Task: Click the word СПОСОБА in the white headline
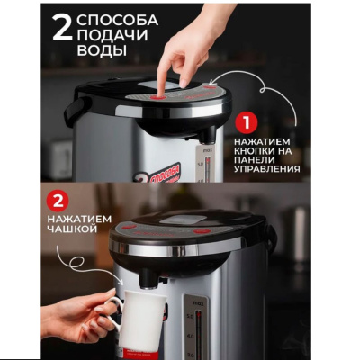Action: (x=118, y=20)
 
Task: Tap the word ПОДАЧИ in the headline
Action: (x=112, y=35)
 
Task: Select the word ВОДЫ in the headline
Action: (x=102, y=50)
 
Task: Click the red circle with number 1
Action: (x=246, y=123)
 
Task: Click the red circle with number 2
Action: (x=58, y=202)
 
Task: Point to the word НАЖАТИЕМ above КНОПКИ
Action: (x=262, y=141)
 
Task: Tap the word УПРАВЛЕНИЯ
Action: (x=266, y=169)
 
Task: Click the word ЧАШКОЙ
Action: (x=72, y=229)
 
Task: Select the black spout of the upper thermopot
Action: (x=208, y=134)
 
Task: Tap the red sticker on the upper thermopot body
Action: (x=161, y=173)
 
